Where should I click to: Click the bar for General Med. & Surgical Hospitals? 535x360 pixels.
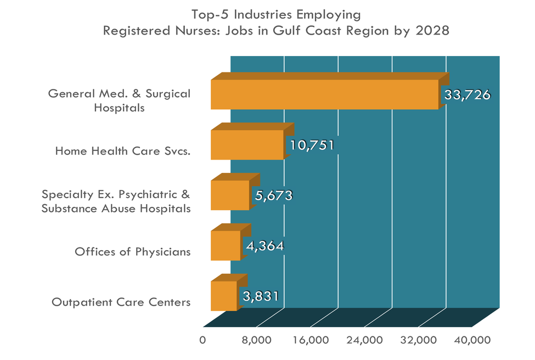324,94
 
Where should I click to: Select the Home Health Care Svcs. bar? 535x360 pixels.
247,145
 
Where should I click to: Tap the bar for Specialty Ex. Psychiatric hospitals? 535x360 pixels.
230,195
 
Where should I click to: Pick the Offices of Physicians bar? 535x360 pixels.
226,245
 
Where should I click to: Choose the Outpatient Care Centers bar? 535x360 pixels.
224,296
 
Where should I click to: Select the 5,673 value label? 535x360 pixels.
273,195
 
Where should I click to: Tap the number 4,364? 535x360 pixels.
264,246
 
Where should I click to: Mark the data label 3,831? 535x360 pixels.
261,296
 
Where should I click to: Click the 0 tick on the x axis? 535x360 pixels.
203,340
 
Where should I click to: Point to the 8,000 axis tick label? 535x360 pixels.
257,340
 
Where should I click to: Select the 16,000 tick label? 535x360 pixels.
311,340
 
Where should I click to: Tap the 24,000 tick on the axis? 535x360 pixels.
365,340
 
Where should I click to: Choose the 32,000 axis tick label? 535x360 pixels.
419,340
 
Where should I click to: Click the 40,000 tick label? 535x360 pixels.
472,340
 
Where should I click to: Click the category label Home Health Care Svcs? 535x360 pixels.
123,151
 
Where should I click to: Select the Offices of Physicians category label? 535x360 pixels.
133,252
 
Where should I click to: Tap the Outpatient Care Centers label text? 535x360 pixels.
121,302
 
